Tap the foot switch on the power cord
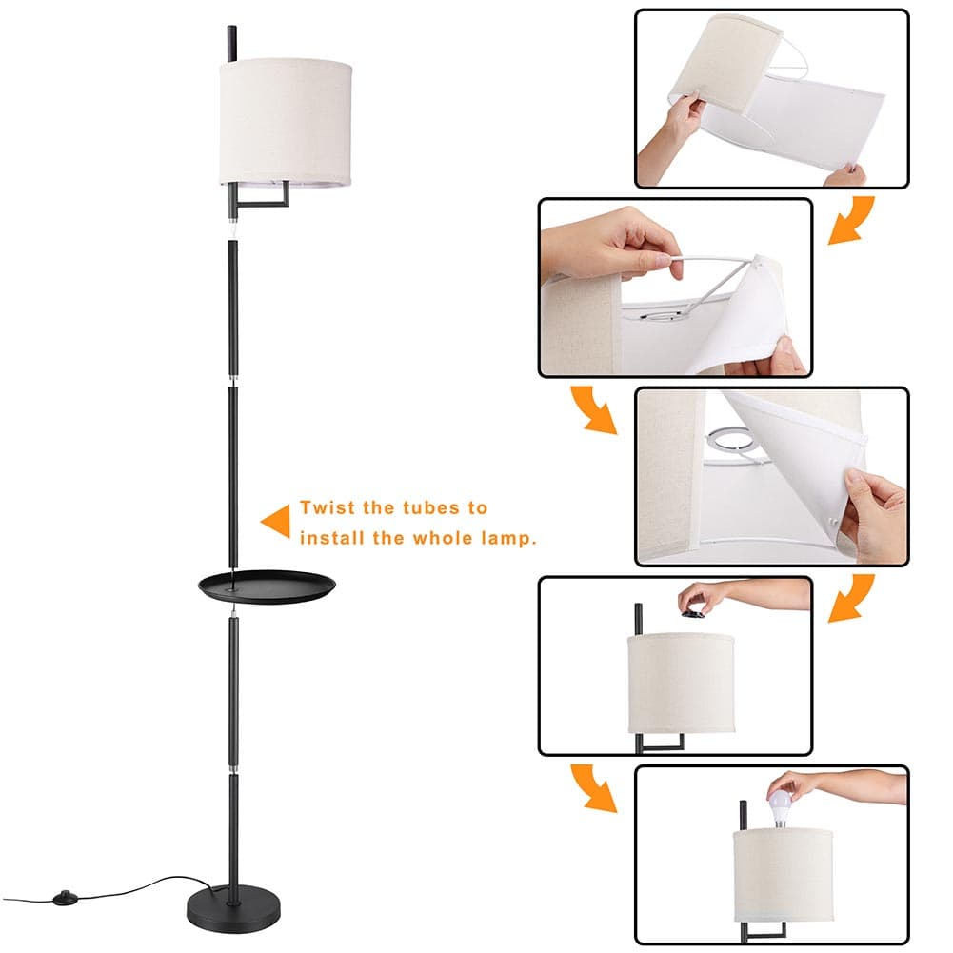[x=63, y=897]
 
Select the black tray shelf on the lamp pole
[x=267, y=586]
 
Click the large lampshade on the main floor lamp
[x=287, y=122]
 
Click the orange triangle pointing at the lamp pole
[x=275, y=522]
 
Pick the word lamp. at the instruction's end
[x=508, y=539]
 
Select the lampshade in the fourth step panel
[x=681, y=684]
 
